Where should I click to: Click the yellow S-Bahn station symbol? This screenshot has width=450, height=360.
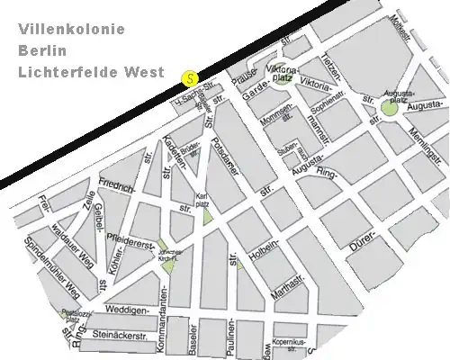[188, 78]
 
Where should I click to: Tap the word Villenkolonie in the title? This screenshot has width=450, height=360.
[77, 30]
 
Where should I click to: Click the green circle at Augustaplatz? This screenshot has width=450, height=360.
[388, 108]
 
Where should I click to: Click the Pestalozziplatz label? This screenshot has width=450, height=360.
[69, 316]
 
